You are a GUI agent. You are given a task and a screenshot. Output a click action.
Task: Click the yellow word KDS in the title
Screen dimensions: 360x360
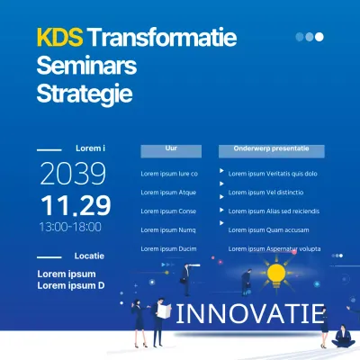[x=59, y=39]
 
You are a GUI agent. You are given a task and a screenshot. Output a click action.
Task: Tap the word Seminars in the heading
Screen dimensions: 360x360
[x=88, y=66]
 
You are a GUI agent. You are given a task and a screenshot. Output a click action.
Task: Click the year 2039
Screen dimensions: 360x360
[x=73, y=173]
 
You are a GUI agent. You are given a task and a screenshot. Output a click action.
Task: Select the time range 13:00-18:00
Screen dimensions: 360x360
[x=69, y=228]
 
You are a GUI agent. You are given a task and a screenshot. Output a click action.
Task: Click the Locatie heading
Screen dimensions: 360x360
[x=89, y=256]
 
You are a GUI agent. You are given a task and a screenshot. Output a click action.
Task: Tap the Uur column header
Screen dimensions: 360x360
[x=171, y=147]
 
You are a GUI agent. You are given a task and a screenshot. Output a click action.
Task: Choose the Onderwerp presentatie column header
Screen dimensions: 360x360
[x=271, y=147]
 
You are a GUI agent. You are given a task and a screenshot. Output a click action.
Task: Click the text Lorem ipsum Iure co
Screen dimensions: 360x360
[x=168, y=174]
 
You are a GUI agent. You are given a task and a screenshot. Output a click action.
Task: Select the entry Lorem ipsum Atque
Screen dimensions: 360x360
[x=168, y=193]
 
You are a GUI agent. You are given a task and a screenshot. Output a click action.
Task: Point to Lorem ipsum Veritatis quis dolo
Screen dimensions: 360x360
[x=273, y=174]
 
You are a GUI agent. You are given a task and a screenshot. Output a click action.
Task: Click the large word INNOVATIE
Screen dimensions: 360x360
[x=250, y=314]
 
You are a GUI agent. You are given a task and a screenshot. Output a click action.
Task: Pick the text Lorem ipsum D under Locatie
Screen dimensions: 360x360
[x=71, y=286]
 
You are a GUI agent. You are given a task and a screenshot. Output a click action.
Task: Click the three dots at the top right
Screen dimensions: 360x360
[x=310, y=37]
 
